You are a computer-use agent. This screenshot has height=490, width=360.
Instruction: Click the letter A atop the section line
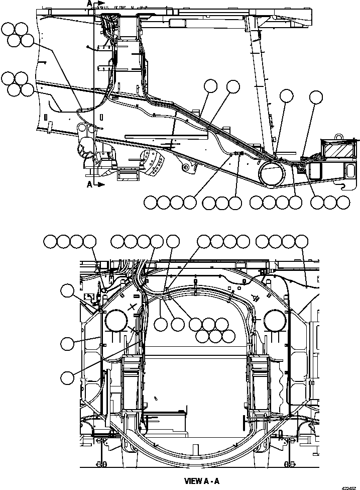point(89,4)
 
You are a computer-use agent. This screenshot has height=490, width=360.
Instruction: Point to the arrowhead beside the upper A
point(101,4)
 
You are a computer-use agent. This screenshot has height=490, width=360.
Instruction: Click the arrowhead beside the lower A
point(101,184)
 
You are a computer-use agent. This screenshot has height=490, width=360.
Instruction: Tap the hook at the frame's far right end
point(344,186)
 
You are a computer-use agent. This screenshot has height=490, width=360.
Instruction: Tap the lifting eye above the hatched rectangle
point(339,136)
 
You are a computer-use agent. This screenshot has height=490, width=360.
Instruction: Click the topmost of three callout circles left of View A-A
point(67,290)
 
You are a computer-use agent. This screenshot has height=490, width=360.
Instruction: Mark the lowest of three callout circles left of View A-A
point(67,375)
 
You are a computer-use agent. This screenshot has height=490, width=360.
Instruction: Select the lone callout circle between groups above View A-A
point(173,241)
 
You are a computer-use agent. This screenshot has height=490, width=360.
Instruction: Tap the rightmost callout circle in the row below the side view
point(343,203)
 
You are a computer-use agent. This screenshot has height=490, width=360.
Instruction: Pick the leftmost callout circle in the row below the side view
point(150,203)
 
